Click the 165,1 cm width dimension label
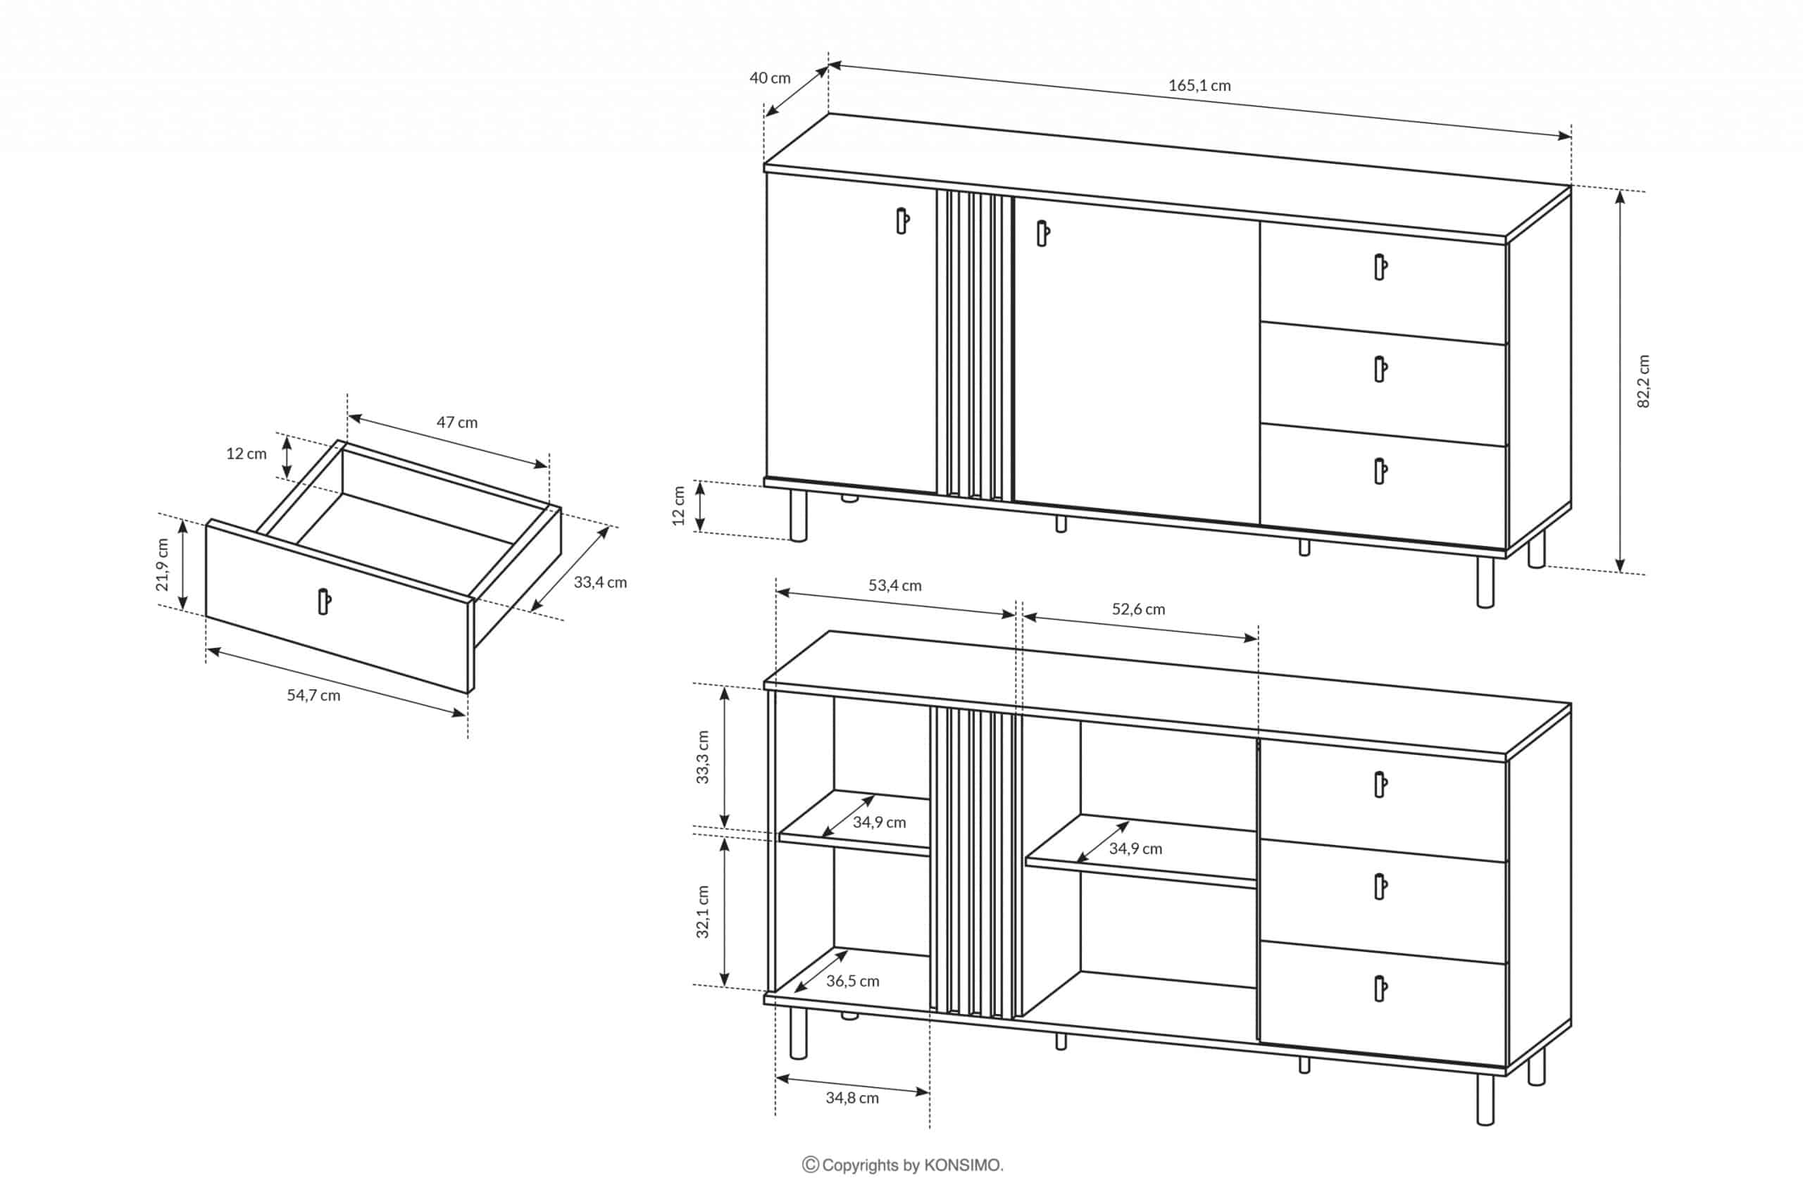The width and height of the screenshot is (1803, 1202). (x=1199, y=86)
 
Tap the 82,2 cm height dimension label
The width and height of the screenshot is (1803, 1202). (x=1643, y=381)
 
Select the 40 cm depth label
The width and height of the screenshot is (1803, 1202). (x=770, y=78)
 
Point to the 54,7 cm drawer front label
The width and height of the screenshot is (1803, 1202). (x=313, y=695)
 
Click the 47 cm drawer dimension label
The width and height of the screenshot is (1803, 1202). (x=457, y=422)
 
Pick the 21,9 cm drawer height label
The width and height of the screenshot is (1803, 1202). (x=162, y=565)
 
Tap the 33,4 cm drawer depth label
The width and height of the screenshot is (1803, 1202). (x=600, y=582)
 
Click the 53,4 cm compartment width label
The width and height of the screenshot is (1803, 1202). (x=894, y=586)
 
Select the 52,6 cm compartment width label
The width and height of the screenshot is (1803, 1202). (x=1138, y=609)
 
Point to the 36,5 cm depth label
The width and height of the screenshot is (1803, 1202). (x=852, y=981)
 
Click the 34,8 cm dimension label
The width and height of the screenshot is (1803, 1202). (x=851, y=1098)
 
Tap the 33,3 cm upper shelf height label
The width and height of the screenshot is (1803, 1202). (x=702, y=756)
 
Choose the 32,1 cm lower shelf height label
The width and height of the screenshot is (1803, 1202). (x=702, y=911)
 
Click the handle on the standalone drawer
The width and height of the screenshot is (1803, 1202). (x=324, y=601)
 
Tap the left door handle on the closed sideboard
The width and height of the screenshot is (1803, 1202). (x=902, y=221)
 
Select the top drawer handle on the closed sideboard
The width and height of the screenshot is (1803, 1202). (x=1380, y=267)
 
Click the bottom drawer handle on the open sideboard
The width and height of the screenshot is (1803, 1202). (x=1380, y=989)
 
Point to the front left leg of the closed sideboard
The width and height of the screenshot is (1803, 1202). (x=798, y=515)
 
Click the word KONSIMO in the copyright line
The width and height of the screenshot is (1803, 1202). (x=962, y=1165)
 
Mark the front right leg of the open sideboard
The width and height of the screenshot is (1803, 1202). (x=1485, y=1098)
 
